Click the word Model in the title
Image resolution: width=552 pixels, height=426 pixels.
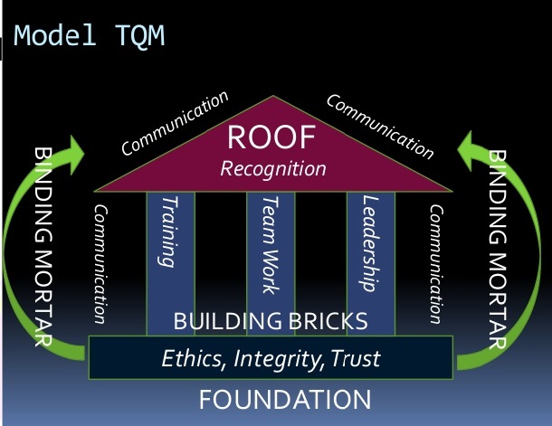pyautogui.click(x=55, y=35)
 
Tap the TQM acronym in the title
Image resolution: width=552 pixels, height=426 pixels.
pyautogui.click(x=139, y=36)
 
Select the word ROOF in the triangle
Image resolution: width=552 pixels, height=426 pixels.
pyautogui.click(x=271, y=137)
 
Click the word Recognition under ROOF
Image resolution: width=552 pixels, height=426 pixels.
pyautogui.click(x=273, y=169)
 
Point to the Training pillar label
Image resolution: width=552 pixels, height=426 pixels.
pyautogui.click(x=169, y=232)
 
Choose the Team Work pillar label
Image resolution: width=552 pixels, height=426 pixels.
pyautogui.click(x=271, y=245)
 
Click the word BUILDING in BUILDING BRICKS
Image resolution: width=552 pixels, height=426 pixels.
pyautogui.click(x=227, y=321)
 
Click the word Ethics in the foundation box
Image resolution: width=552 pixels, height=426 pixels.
pyautogui.click(x=193, y=358)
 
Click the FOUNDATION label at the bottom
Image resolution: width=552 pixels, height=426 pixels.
pyautogui.click(x=285, y=399)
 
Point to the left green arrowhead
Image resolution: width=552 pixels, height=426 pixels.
pyautogui.click(x=75, y=154)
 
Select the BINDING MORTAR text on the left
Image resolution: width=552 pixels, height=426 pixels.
pyautogui.click(x=43, y=247)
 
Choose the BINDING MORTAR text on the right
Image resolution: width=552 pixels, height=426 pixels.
pyautogui.click(x=498, y=250)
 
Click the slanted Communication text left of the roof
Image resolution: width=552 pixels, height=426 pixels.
pyautogui.click(x=175, y=123)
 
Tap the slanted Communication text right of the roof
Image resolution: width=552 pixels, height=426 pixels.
pyautogui.click(x=380, y=127)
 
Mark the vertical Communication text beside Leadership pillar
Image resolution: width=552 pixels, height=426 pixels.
pyautogui.click(x=436, y=264)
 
